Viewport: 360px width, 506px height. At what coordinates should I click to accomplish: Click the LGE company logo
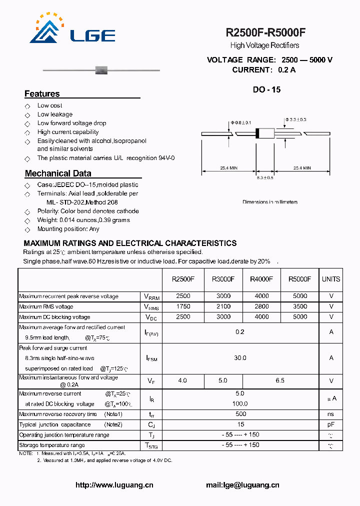coord(72,30)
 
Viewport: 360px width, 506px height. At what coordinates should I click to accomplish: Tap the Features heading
coord(42,94)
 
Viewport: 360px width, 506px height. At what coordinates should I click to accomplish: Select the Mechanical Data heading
coord(58,173)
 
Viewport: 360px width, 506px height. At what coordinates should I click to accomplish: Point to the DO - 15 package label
coord(266,90)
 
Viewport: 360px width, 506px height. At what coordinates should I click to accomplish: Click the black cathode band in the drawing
coord(257,133)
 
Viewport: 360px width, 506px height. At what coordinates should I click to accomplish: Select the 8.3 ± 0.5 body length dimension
coord(265,178)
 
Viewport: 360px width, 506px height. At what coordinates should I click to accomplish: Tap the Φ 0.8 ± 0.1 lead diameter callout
coord(241,122)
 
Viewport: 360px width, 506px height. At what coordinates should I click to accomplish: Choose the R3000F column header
coord(223,279)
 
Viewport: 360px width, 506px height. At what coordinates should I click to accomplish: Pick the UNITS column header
coord(331,279)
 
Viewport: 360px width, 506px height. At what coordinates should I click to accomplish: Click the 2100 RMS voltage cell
coord(223,306)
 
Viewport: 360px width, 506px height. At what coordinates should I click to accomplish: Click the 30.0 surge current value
coord(240,358)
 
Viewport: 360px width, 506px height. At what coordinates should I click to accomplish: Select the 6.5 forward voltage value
coord(280,381)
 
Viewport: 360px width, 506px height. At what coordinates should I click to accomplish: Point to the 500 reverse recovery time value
coord(240,414)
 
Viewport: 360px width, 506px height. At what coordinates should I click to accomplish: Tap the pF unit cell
coord(331,424)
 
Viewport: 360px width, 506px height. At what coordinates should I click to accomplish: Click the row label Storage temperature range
coord(52,445)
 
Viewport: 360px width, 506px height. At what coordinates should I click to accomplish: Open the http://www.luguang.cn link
coord(114,485)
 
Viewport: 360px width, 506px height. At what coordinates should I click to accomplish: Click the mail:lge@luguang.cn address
coord(242,485)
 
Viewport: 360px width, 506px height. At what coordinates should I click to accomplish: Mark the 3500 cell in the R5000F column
coord(300,306)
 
